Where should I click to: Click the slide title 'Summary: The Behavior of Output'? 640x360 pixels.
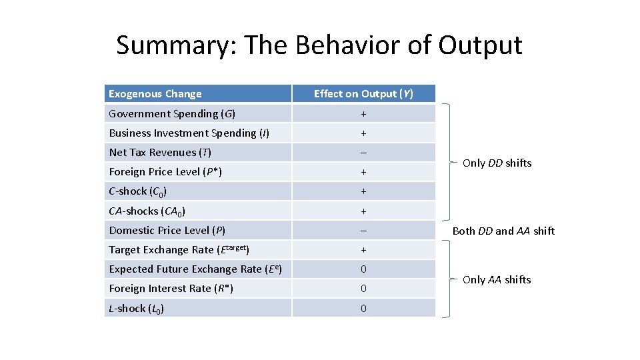pyautogui.click(x=319, y=45)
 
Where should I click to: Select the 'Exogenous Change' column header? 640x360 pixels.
pyautogui.click(x=155, y=94)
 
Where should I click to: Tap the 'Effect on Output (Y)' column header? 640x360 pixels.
pyautogui.click(x=363, y=94)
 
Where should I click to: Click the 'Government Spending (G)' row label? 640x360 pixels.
pyautogui.click(x=172, y=114)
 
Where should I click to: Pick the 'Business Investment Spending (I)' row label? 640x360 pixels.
pyautogui.click(x=189, y=133)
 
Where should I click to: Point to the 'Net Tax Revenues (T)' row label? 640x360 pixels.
pyautogui.click(x=160, y=153)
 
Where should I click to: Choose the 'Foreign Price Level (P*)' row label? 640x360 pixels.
pyautogui.click(x=165, y=172)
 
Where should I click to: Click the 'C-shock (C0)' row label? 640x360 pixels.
pyautogui.click(x=138, y=191)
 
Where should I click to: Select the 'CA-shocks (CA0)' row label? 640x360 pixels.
pyautogui.click(x=147, y=211)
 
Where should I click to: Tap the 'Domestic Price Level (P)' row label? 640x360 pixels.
pyautogui.click(x=167, y=231)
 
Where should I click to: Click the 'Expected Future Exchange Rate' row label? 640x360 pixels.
pyautogui.click(x=194, y=269)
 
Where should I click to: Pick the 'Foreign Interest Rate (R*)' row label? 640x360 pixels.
pyautogui.click(x=171, y=289)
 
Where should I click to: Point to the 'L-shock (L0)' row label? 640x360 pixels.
pyautogui.click(x=137, y=309)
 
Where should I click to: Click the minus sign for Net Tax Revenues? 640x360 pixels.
pyautogui.click(x=363, y=153)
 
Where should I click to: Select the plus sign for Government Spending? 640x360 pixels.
pyautogui.click(x=363, y=114)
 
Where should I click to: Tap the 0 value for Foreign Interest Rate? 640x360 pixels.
pyautogui.click(x=363, y=289)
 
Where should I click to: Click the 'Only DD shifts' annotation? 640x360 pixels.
pyautogui.click(x=497, y=163)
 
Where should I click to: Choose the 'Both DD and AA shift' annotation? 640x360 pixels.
pyautogui.click(x=503, y=231)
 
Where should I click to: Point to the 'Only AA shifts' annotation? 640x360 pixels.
pyautogui.click(x=497, y=280)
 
